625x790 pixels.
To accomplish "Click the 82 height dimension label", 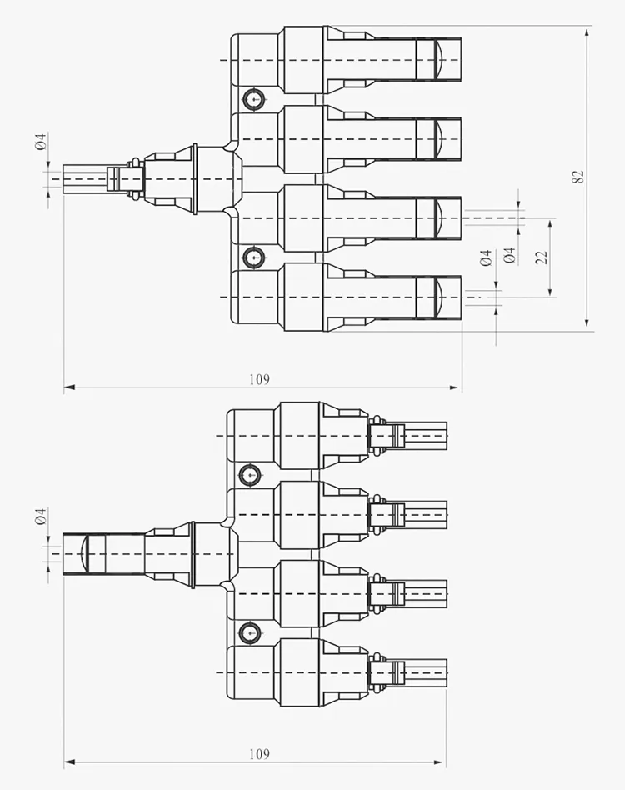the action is [x=578, y=177].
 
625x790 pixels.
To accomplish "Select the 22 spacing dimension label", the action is [x=542, y=257].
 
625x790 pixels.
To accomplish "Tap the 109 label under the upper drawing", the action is [x=259, y=379].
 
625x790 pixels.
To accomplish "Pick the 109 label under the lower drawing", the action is [x=259, y=754].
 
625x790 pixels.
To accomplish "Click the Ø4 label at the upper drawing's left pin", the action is [x=41, y=142].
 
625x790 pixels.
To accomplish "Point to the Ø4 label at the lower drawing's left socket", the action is [x=41, y=517].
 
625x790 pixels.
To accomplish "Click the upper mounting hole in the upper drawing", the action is [x=253, y=99].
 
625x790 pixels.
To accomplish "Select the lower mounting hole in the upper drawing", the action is [x=253, y=257].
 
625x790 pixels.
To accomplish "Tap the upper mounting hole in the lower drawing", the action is [x=250, y=475].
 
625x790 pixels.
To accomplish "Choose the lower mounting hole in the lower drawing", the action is [x=250, y=632].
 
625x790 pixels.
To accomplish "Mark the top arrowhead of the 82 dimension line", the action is [x=587, y=33].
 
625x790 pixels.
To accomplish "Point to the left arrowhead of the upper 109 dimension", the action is [x=70, y=387].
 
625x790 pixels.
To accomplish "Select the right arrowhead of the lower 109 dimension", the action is [x=440, y=762].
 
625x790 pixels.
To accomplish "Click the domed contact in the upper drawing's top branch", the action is [x=437, y=59].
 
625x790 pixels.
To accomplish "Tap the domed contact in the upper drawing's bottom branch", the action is [x=437, y=297].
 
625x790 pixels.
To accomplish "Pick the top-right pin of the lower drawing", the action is [x=426, y=435].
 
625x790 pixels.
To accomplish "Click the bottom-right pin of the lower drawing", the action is [x=426, y=672].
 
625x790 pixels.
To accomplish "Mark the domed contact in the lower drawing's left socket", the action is [x=85, y=553].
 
